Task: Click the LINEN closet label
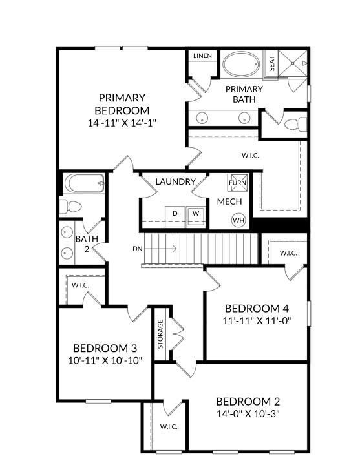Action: (x=202, y=56)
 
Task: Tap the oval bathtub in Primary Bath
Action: (x=242, y=64)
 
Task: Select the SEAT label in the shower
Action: (x=271, y=63)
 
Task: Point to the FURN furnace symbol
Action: (x=237, y=183)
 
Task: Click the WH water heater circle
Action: (x=238, y=220)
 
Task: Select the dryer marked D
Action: (x=175, y=213)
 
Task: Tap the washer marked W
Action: (x=196, y=213)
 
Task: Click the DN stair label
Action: (x=138, y=249)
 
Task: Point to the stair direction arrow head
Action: (x=175, y=249)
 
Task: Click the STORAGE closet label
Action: (x=160, y=334)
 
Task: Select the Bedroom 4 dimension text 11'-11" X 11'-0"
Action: (x=257, y=320)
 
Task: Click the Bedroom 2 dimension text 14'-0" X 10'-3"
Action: (x=248, y=413)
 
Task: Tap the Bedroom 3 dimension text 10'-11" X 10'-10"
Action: (x=105, y=360)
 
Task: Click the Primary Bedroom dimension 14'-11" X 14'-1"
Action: (x=122, y=123)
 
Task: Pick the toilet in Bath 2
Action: (x=70, y=207)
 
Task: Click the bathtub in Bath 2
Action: (x=84, y=183)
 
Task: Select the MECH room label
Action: (x=229, y=201)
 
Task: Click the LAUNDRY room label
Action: (x=175, y=181)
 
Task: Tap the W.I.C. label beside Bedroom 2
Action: (x=169, y=427)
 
